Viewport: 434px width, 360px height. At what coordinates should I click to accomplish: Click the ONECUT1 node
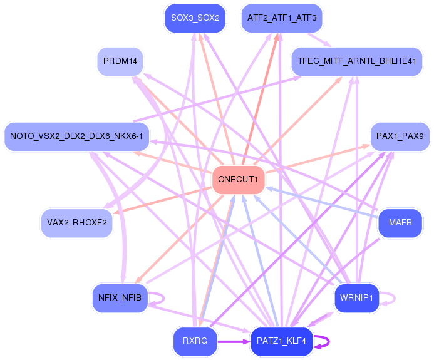click(x=238, y=180)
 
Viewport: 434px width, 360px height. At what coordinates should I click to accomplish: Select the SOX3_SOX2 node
click(x=195, y=18)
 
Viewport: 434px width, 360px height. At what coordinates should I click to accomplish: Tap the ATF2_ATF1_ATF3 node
click(x=282, y=18)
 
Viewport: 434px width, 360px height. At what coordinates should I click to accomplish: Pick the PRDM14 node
click(x=120, y=61)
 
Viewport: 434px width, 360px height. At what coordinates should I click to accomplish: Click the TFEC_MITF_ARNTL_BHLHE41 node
click(x=357, y=61)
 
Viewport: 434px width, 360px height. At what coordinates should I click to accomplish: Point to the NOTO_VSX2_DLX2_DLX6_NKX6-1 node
click(x=76, y=136)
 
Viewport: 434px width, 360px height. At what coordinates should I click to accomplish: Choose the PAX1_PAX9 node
click(x=400, y=136)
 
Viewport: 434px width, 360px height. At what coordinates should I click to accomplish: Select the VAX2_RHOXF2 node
click(x=76, y=223)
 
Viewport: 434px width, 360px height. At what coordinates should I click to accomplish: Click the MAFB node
click(x=400, y=223)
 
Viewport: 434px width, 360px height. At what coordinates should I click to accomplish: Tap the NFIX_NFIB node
click(x=120, y=298)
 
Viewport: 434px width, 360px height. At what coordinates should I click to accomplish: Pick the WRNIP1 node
click(x=356, y=298)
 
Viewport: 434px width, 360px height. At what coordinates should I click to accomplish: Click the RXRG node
click(x=195, y=341)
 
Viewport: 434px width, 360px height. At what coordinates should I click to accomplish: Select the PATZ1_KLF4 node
click(x=281, y=341)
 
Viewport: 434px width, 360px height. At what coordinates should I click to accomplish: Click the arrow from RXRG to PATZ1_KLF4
click(x=234, y=342)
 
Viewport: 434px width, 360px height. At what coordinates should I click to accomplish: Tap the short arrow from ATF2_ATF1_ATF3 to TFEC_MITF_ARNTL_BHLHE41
click(x=319, y=40)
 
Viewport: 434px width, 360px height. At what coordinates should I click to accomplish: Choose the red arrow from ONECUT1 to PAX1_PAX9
click(x=318, y=158)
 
